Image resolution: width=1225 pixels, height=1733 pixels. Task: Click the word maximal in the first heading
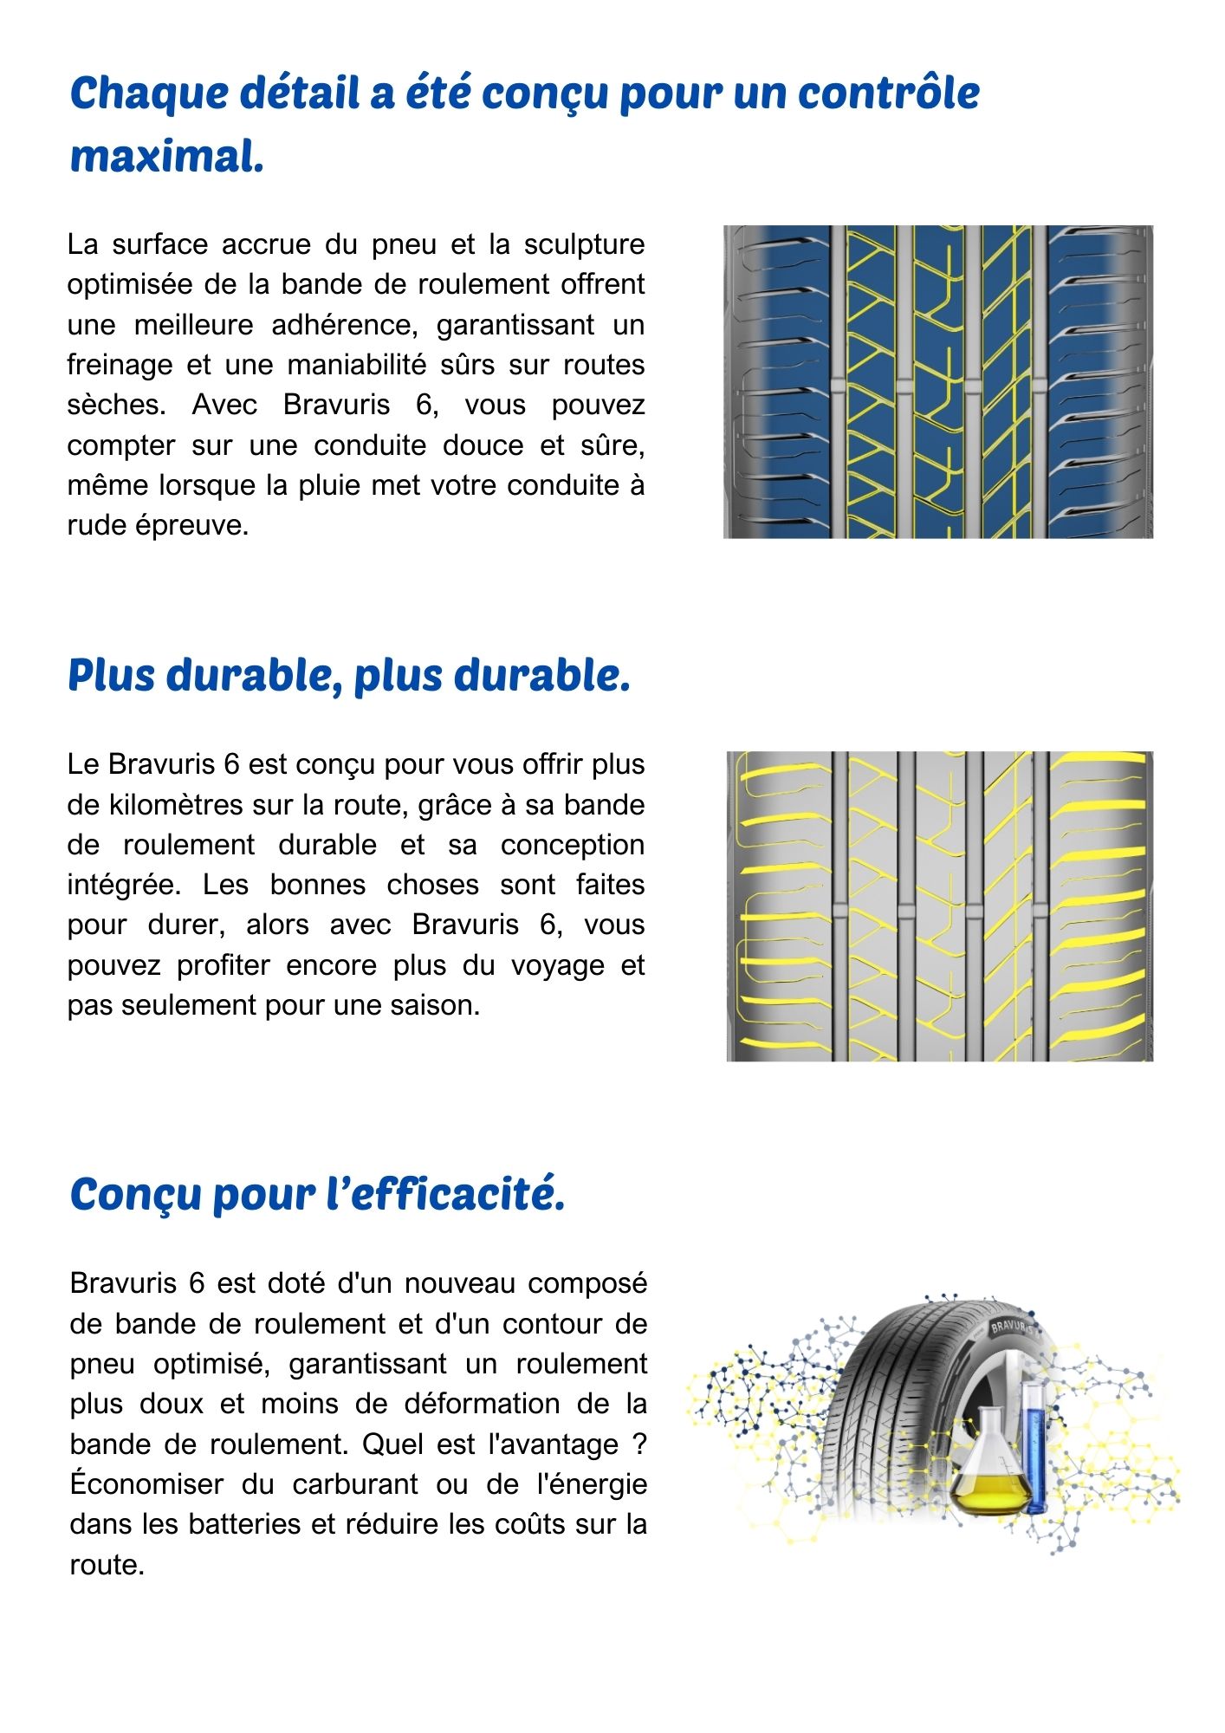point(166,157)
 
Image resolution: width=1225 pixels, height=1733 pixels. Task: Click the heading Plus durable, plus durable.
point(348,676)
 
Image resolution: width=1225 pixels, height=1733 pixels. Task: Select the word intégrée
point(123,885)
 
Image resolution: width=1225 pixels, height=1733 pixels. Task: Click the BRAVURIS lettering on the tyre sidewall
point(1010,1326)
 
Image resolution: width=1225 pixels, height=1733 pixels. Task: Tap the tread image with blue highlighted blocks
point(938,382)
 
